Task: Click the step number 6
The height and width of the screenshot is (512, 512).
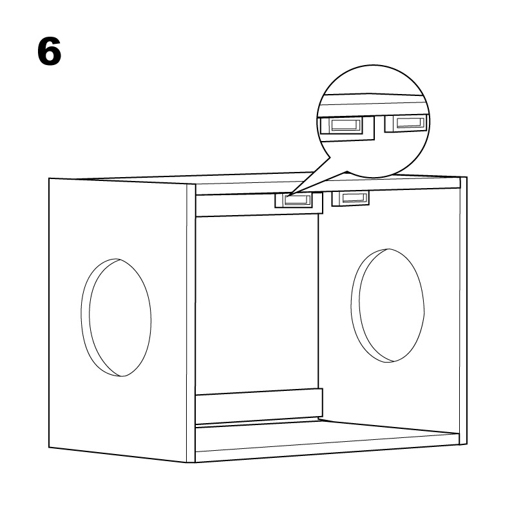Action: pyautogui.click(x=49, y=51)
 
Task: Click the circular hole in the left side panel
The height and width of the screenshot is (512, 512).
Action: pyautogui.click(x=116, y=318)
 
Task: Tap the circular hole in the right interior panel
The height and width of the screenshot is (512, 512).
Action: pyautogui.click(x=388, y=306)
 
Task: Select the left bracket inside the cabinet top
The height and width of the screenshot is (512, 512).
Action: pyautogui.click(x=293, y=200)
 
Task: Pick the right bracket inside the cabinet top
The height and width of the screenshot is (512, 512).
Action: pyautogui.click(x=350, y=198)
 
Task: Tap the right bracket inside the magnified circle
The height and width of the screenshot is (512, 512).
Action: pyautogui.click(x=406, y=123)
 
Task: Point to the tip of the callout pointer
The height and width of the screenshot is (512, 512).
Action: pyautogui.click(x=289, y=196)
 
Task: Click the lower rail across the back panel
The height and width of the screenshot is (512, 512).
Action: pyautogui.click(x=259, y=406)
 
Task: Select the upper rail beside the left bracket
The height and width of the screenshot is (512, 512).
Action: pyautogui.click(x=235, y=205)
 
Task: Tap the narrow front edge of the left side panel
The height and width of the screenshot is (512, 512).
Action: pyautogui.click(x=191, y=323)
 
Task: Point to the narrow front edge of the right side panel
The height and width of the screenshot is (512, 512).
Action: pyautogui.click(x=463, y=311)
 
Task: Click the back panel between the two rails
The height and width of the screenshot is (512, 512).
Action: pyautogui.click(x=257, y=302)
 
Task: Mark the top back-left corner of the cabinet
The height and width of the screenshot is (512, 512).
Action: pyautogui.click(x=49, y=178)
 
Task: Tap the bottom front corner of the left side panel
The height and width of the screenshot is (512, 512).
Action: pyautogui.click(x=187, y=462)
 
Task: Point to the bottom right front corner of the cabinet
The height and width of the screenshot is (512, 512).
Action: pyautogui.click(x=467, y=444)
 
